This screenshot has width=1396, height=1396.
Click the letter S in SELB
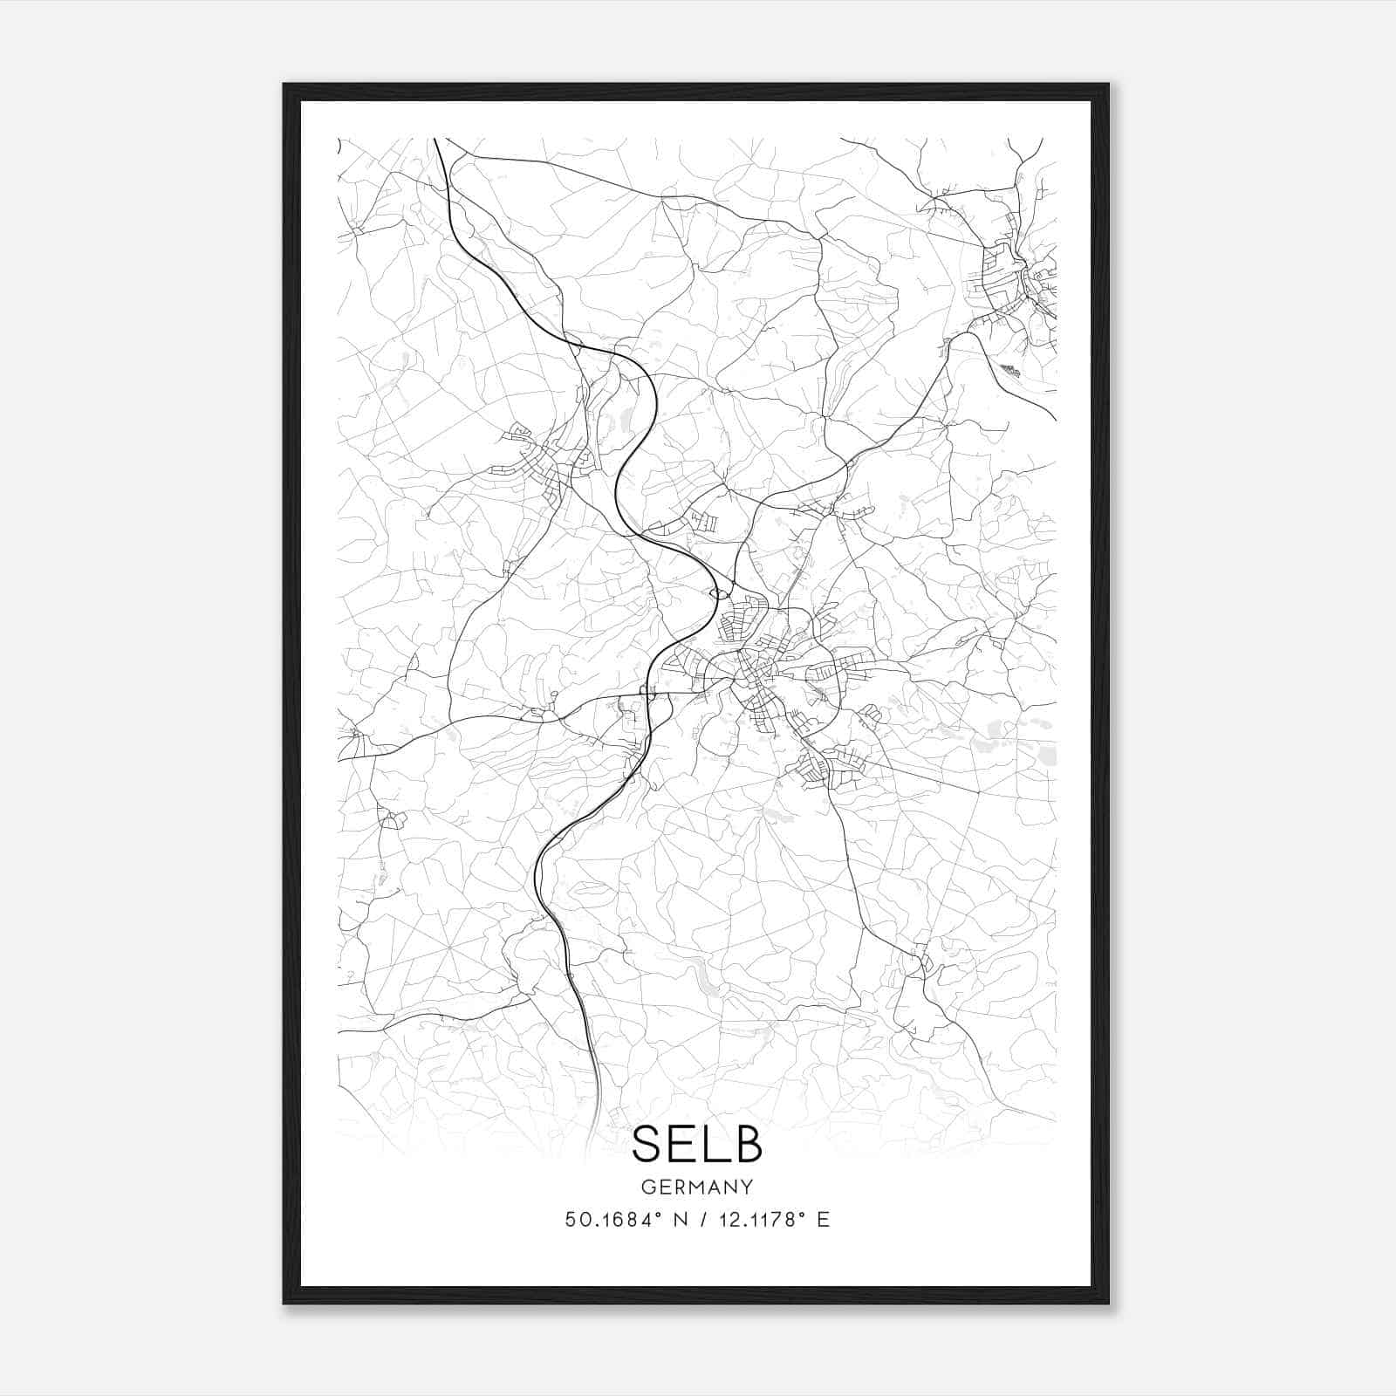point(647,1144)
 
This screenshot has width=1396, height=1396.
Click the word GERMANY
point(697,1187)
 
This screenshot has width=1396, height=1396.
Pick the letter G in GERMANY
point(647,1187)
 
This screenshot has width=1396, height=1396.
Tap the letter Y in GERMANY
point(747,1187)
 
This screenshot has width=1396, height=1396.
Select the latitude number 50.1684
point(607,1219)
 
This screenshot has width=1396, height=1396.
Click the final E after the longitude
point(823,1219)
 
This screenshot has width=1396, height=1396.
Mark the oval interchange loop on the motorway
point(720,594)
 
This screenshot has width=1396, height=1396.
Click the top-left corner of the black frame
point(285,86)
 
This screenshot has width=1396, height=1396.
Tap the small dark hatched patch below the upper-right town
point(1009,371)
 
